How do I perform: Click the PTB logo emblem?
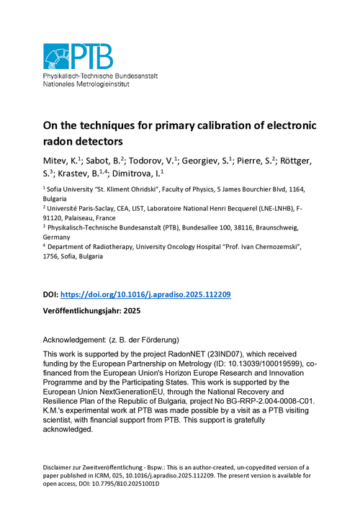click(68, 56)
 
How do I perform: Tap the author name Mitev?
click(58, 160)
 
